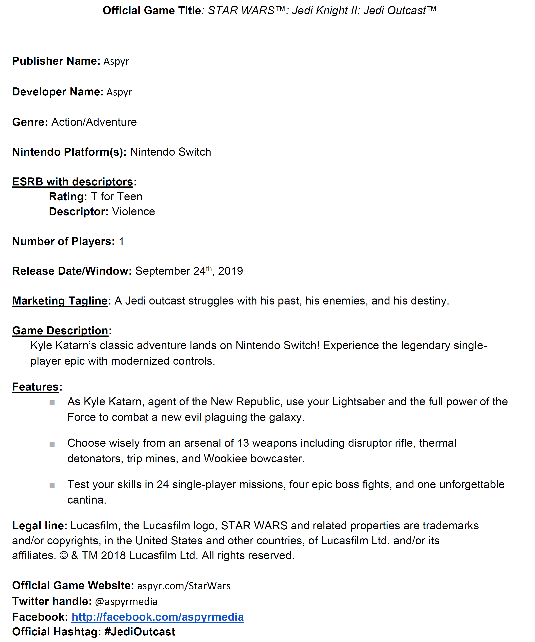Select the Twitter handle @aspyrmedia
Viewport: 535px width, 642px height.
pos(126,601)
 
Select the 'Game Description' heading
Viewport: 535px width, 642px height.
pos(60,331)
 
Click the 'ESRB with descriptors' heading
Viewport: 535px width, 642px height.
pos(73,182)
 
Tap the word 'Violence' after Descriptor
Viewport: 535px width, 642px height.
pos(134,211)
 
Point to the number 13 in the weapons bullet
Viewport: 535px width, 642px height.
pos(243,443)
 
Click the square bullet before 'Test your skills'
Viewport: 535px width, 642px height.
pos(52,486)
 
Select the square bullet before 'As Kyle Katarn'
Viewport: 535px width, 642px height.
pos(52,403)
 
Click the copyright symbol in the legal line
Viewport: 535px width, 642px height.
pos(64,556)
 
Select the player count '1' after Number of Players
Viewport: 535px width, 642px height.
pos(121,241)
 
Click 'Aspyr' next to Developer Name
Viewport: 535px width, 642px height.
pos(119,92)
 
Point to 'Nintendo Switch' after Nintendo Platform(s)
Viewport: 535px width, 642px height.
pos(171,152)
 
